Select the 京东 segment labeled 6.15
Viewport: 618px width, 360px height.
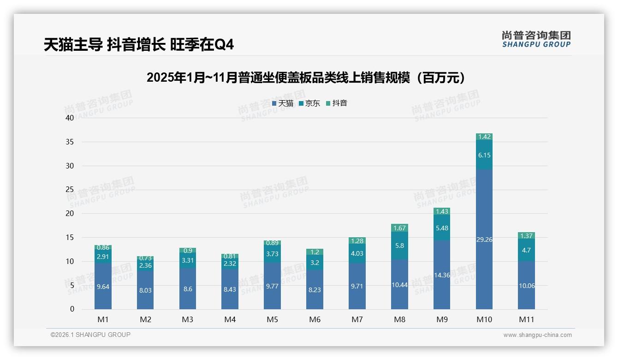484,155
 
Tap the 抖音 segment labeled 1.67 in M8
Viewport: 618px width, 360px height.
399,228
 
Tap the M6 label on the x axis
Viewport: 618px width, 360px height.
315,319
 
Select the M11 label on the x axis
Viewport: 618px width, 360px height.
526,319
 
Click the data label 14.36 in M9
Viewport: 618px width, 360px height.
442,275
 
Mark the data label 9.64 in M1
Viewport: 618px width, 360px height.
103,287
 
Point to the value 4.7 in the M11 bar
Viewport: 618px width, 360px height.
526,250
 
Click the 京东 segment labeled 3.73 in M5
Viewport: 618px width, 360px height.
272,254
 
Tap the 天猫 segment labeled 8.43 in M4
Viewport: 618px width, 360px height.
230,289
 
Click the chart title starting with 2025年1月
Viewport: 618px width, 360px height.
309,78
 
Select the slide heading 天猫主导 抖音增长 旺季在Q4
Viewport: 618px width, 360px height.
139,45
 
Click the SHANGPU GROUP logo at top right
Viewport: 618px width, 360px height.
536,39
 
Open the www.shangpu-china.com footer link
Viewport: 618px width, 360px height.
537,335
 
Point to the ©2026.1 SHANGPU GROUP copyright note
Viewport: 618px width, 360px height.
90,335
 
